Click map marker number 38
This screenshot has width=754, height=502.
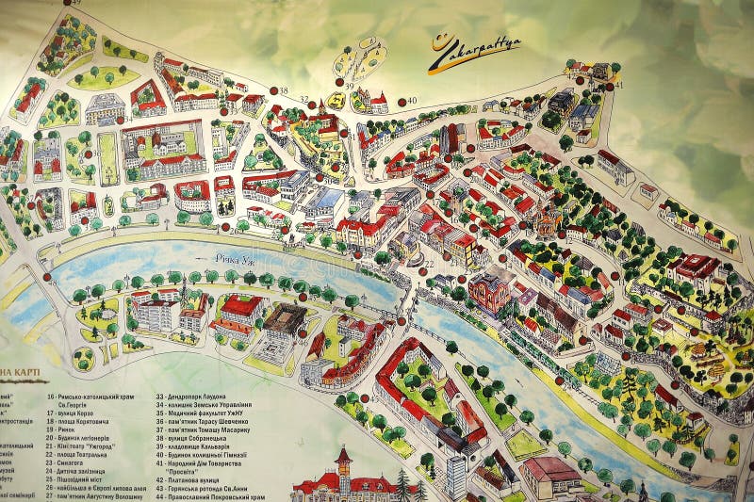[282, 90]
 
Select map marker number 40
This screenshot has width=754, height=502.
[410, 101]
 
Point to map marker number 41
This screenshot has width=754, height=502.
[618, 86]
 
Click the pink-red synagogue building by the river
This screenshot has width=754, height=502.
[488, 291]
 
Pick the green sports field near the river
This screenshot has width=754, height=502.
[524, 443]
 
